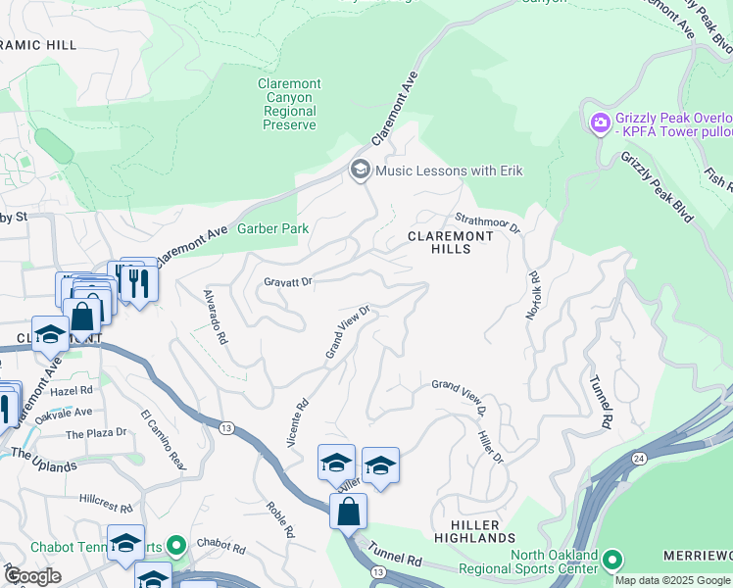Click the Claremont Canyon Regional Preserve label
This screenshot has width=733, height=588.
tap(286, 105)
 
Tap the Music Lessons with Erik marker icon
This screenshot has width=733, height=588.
tap(360, 171)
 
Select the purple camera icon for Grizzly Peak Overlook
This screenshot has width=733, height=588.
tap(599, 124)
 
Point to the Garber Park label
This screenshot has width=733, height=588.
tap(273, 229)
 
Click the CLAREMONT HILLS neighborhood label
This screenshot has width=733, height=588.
tap(451, 242)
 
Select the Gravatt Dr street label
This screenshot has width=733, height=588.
tap(287, 281)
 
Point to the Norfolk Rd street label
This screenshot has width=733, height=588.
tap(533, 295)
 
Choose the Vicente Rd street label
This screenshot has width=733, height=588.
tap(297, 422)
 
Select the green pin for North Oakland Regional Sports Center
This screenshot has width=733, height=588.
tap(613, 561)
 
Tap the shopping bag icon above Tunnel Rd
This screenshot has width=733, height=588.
tap(348, 511)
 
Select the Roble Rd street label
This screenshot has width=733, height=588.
tap(284, 516)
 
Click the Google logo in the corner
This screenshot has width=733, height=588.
tap(32, 575)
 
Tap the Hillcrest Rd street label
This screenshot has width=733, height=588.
tap(107, 503)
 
